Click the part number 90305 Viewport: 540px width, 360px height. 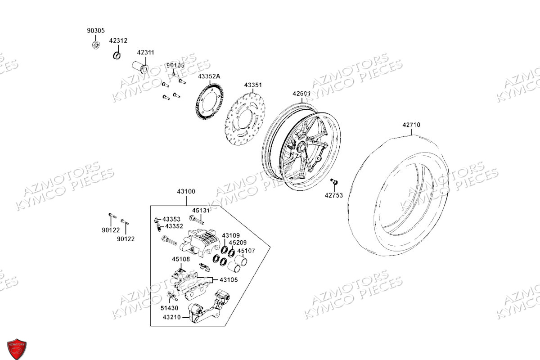point(95,31)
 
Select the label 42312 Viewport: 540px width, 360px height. point(118,40)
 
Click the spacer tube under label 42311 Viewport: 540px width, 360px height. point(141,67)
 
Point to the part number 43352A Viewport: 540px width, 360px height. point(209,76)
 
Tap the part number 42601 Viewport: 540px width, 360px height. point(301,94)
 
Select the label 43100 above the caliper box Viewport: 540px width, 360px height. point(186,191)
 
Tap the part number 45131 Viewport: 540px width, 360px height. point(201,210)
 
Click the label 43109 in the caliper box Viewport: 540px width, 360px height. point(231,235)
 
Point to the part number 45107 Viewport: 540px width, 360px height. point(246,251)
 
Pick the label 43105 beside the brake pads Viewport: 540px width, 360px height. point(229,279)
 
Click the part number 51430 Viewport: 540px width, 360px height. point(169,308)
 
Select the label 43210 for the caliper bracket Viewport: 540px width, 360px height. point(171,317)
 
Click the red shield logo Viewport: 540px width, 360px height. point(16,348)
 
